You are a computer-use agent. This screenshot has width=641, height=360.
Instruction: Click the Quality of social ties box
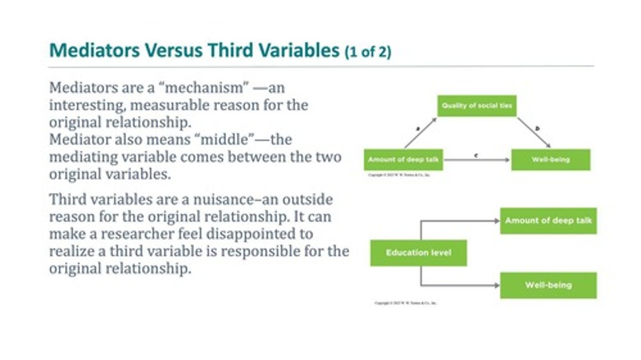coord(477,106)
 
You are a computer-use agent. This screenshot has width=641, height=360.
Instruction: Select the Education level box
coord(418,253)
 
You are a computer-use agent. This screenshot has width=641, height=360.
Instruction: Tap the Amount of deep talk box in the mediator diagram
coord(403,160)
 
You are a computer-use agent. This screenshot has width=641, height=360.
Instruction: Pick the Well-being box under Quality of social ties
coord(551,160)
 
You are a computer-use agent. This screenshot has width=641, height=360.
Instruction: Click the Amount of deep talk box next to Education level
coord(548,221)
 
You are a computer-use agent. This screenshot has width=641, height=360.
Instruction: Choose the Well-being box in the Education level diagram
coord(548,285)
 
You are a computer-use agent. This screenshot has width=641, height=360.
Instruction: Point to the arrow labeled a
coord(421,133)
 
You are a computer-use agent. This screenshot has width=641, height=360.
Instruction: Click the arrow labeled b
coord(534,133)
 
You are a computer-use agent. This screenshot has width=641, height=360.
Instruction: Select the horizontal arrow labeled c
coord(477,160)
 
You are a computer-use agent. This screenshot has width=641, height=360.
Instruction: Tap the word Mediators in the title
coord(94,51)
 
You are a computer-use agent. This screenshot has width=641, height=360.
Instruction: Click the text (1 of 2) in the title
coord(368,52)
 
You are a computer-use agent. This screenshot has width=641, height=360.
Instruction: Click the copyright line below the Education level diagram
coord(406,303)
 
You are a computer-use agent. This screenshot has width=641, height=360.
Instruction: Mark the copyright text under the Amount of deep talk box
coord(399,175)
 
